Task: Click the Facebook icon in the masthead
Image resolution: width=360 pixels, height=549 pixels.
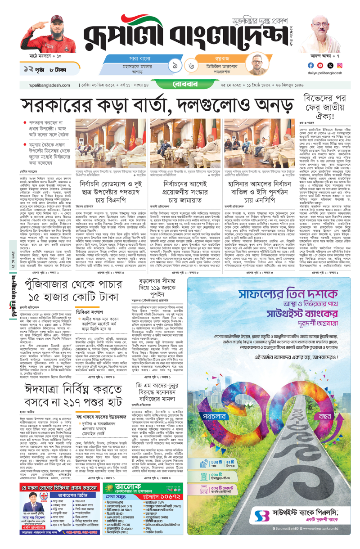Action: [x=310, y=65]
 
